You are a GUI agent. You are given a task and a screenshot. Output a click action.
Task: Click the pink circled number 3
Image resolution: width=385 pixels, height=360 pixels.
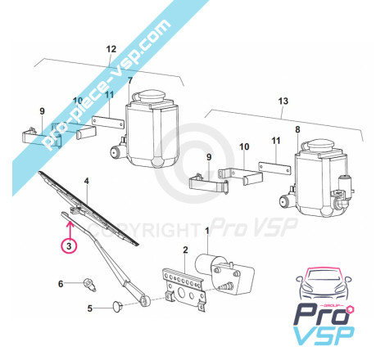[69, 245]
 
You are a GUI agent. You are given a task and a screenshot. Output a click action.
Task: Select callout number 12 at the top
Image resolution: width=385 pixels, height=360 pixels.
[111, 49]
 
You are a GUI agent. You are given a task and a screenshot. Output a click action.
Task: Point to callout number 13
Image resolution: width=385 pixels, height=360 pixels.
[283, 101]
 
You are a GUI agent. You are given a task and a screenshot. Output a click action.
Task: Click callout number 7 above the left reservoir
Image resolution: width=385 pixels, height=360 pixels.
[130, 81]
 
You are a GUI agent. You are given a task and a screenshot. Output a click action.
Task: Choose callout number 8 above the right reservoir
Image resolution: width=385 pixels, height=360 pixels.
[297, 129]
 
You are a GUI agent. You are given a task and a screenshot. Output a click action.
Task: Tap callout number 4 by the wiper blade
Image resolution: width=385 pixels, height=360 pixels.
[87, 181]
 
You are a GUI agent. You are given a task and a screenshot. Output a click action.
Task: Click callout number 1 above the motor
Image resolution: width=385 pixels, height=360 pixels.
[207, 231]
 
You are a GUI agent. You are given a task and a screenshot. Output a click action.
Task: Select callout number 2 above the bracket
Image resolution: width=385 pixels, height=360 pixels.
[185, 250]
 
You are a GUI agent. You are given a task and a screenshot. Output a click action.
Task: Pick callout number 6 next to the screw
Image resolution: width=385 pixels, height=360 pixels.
[61, 284]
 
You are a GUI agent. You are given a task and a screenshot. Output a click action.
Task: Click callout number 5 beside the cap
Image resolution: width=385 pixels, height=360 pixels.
[90, 308]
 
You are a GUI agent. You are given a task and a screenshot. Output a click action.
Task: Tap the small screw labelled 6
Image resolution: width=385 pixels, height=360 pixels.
[90, 285]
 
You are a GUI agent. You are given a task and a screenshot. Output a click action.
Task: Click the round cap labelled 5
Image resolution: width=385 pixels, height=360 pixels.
[118, 306]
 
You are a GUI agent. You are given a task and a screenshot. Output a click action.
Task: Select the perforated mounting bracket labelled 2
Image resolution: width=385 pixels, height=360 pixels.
[183, 289]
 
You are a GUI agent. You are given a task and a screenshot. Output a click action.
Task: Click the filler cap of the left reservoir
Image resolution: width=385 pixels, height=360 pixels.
[149, 97]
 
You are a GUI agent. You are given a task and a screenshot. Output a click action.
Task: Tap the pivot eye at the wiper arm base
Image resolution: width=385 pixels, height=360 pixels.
[146, 300]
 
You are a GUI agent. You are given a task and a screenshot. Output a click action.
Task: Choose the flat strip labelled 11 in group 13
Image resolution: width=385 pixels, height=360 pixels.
[274, 168]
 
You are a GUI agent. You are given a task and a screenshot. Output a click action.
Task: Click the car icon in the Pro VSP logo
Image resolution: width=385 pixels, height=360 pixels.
[324, 284]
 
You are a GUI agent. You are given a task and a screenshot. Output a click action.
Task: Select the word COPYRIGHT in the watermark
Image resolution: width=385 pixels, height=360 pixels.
[144, 230]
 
